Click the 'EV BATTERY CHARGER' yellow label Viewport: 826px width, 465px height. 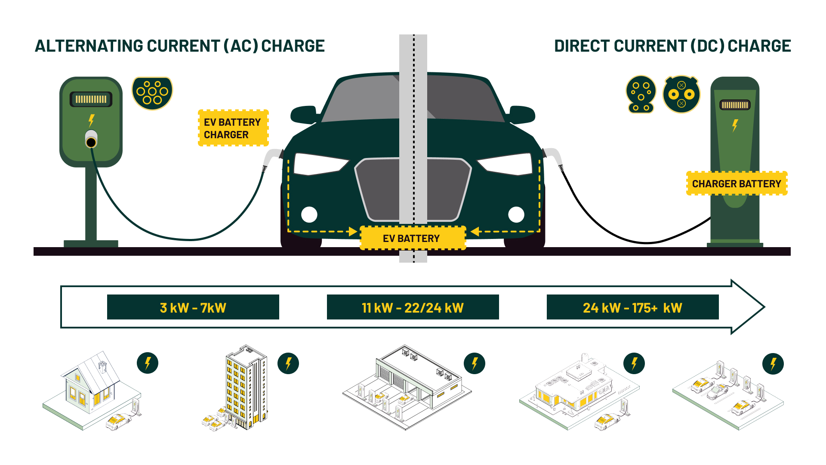coord(233,128)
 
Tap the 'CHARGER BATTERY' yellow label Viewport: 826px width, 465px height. coord(736,184)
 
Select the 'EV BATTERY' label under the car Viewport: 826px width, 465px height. coord(412,238)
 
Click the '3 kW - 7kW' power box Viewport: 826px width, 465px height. coord(193,307)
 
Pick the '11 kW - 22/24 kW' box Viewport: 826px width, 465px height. coord(413,307)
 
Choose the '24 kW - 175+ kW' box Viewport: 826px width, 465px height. coord(632,307)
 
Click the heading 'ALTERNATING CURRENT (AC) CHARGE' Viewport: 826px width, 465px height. coord(179,46)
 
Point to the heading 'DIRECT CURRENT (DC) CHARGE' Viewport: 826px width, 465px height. coord(672,46)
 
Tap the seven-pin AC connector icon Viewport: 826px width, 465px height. coord(152,93)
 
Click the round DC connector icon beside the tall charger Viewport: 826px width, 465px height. coord(681,94)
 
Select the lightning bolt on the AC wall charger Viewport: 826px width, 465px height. coord(91,120)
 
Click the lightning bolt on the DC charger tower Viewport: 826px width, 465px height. coord(735,125)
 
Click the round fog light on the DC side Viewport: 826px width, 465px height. coord(516,214)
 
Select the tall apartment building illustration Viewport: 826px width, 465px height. coord(246,385)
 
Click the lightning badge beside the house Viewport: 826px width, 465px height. coord(148,363)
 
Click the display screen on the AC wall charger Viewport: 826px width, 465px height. coord(91,99)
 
